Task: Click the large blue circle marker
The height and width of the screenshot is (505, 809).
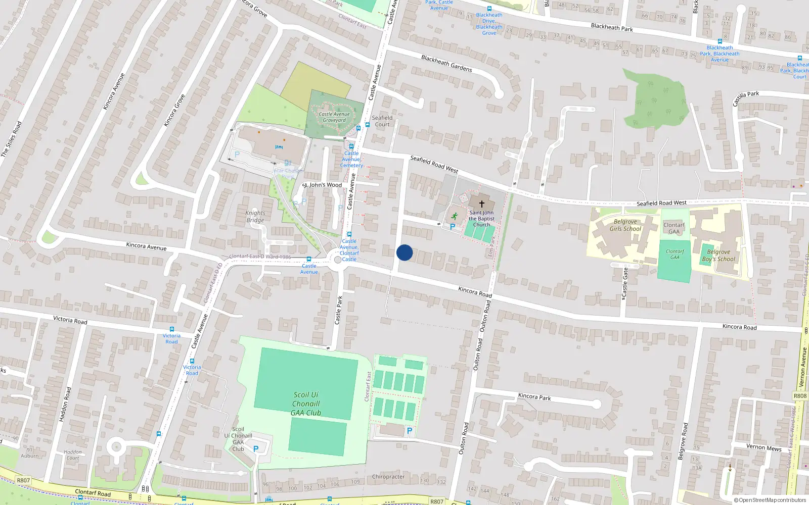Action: click(x=404, y=252)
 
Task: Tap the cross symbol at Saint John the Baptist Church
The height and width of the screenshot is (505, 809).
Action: click(x=481, y=204)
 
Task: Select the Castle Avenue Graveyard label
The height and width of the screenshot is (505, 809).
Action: click(x=334, y=117)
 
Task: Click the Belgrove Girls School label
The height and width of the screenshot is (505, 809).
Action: click(x=625, y=225)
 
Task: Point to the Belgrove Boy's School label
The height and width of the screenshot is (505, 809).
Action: click(x=718, y=256)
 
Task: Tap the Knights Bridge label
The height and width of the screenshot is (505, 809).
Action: click(x=255, y=217)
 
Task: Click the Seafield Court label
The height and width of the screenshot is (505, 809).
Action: click(x=382, y=121)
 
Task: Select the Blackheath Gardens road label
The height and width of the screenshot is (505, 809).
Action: click(x=446, y=64)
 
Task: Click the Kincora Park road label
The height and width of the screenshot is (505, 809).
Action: click(x=534, y=397)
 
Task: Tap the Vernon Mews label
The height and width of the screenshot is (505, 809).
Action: click(x=763, y=447)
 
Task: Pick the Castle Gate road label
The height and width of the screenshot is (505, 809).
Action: click(x=625, y=283)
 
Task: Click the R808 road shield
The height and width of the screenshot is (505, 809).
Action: click(x=800, y=396)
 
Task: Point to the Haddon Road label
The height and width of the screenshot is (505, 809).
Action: click(x=66, y=404)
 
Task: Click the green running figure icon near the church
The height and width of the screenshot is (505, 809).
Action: click(x=454, y=216)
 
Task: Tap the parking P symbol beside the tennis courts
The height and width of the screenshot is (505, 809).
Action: click(x=410, y=431)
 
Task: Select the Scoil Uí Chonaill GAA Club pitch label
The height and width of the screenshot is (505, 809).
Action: click(x=306, y=404)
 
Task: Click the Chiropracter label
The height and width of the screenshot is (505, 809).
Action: click(x=388, y=477)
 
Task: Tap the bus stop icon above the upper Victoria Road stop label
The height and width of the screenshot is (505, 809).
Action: click(x=172, y=329)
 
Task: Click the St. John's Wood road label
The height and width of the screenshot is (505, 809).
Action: click(x=323, y=185)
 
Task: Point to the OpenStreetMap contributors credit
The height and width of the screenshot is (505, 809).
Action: click(x=770, y=500)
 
